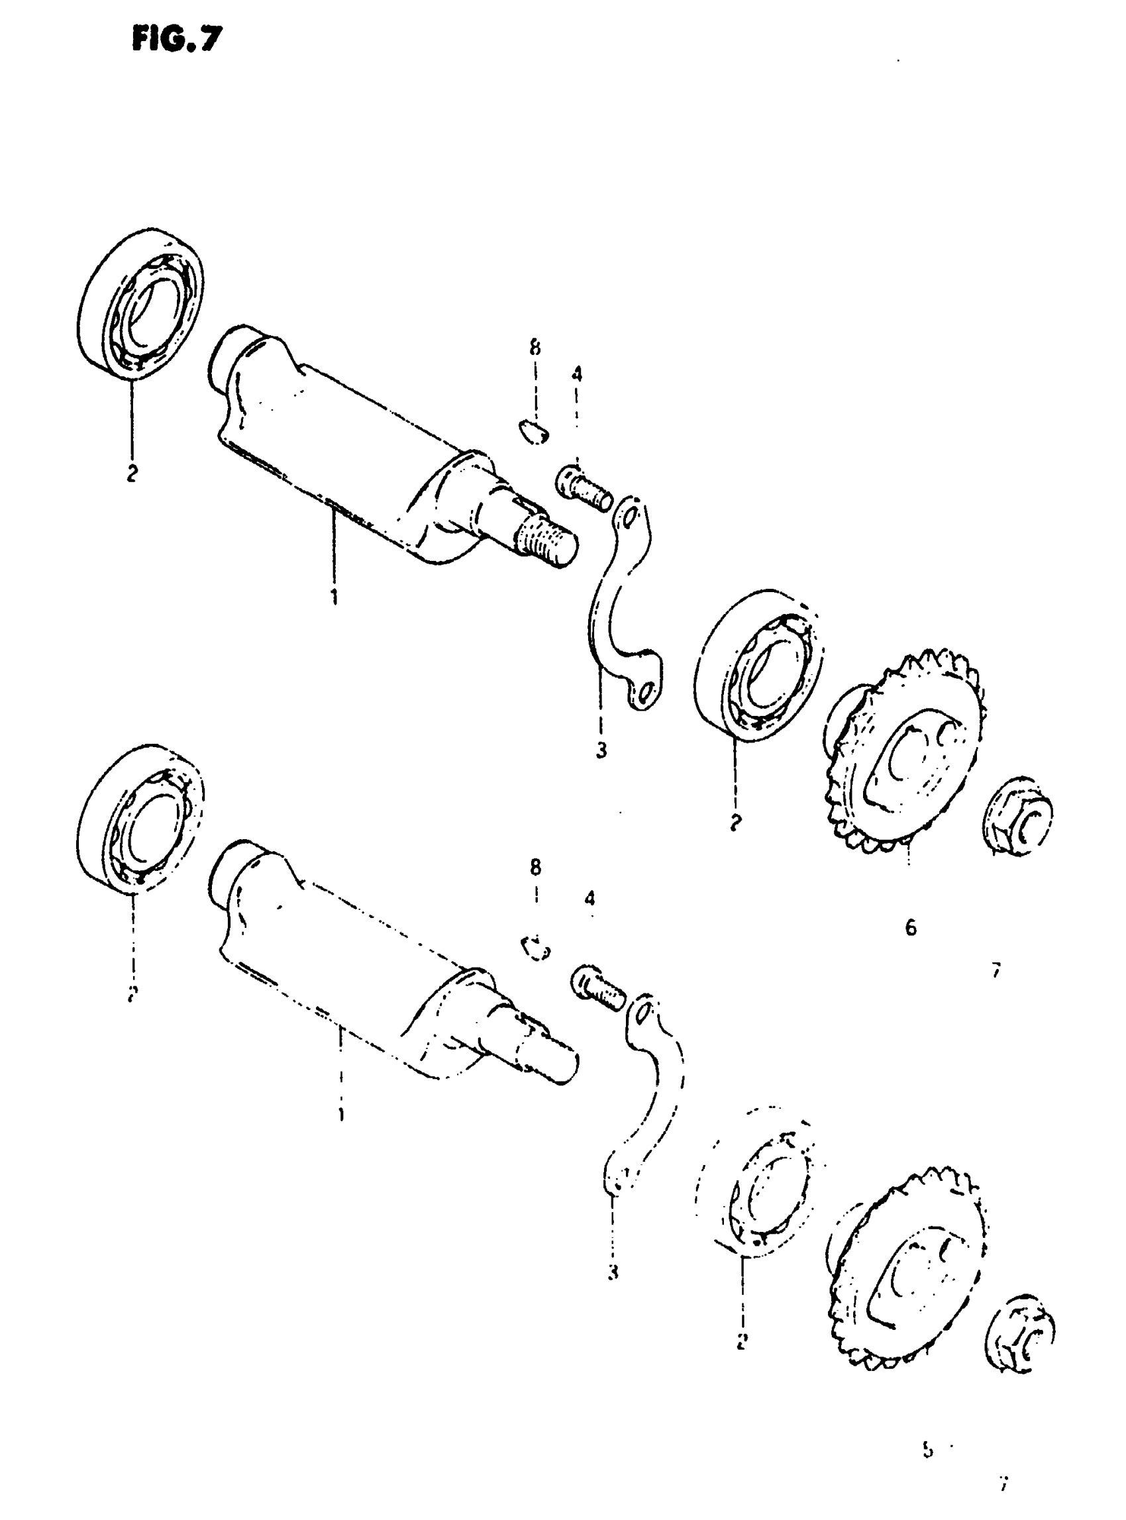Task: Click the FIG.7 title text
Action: [178, 40]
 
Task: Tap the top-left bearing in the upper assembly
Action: [142, 301]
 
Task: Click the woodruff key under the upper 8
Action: [533, 431]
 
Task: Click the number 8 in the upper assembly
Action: [535, 348]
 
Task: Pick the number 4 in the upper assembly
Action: [577, 374]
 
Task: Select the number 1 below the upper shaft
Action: [334, 597]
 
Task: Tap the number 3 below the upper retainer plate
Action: [601, 750]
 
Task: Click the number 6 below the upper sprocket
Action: [911, 927]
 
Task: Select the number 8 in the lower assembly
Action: [535, 867]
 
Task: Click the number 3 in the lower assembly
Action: [613, 1272]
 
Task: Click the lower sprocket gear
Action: [907, 1268]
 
